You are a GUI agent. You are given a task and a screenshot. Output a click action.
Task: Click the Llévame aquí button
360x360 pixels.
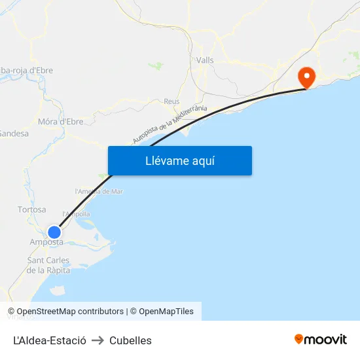click(179, 161)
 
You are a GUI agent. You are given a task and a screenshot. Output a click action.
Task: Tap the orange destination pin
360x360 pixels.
click(306, 78)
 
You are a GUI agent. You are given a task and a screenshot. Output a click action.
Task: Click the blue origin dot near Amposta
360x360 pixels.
click(54, 232)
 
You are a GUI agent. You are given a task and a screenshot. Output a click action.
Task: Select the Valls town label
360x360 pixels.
click(205, 60)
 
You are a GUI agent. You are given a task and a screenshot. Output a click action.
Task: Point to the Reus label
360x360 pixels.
click(171, 101)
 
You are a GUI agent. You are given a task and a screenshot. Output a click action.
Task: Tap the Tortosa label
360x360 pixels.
click(32, 209)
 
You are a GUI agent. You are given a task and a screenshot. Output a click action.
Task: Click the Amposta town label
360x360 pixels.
click(46, 242)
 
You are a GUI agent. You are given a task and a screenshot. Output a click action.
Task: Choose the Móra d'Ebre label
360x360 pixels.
click(60, 121)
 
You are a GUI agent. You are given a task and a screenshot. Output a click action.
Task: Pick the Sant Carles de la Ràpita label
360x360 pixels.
click(48, 265)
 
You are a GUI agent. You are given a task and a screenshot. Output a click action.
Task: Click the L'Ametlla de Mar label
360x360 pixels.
click(99, 191)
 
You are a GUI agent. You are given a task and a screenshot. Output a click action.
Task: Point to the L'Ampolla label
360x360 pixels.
click(76, 214)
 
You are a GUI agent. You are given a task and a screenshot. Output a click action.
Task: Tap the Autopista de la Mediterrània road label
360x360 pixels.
click(170, 124)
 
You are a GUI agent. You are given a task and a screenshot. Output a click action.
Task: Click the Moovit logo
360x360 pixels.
click(321, 339)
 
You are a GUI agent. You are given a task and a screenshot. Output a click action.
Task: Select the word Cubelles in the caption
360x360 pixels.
click(130, 340)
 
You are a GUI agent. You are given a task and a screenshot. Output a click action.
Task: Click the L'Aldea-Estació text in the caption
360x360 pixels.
click(50, 340)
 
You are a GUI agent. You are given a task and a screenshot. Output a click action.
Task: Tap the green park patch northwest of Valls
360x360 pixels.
click(156, 65)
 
